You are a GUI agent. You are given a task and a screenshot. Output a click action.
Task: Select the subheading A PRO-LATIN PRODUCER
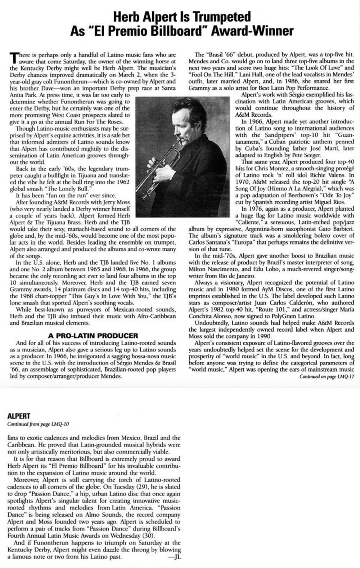93,336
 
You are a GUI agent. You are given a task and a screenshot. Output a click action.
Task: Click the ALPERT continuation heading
19,416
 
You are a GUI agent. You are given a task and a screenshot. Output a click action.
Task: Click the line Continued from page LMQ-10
38,424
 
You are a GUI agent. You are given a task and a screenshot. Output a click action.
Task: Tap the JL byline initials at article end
174,556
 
